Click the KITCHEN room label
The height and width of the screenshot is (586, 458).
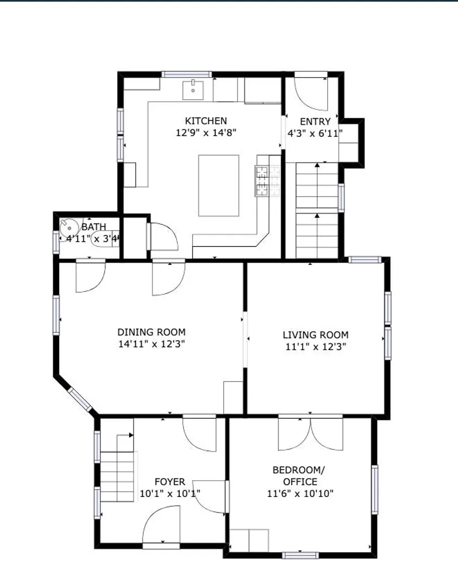[206, 121]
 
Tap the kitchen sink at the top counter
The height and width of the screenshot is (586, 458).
[193, 90]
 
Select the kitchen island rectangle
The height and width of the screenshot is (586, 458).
[219, 186]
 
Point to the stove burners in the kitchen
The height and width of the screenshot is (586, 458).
[268, 181]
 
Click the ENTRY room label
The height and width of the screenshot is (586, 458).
[315, 122]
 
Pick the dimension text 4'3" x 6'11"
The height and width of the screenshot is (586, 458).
[315, 133]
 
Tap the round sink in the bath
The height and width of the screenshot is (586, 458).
[69, 228]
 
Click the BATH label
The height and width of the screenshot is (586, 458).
[94, 227]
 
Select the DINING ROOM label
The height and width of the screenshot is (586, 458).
[151, 332]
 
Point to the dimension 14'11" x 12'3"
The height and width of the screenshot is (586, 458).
[151, 344]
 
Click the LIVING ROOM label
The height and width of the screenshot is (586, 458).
[315, 335]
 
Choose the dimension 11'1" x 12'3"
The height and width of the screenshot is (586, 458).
[315, 347]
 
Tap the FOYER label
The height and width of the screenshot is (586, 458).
[170, 482]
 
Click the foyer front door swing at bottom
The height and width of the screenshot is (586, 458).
[161, 525]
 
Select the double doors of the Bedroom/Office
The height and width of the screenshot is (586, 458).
[310, 433]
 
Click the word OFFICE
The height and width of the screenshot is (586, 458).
[300, 482]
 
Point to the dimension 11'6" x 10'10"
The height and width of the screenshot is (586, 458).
[300, 494]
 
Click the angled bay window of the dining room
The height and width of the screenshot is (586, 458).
[80, 399]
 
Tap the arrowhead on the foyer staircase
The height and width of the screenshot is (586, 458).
[131, 435]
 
